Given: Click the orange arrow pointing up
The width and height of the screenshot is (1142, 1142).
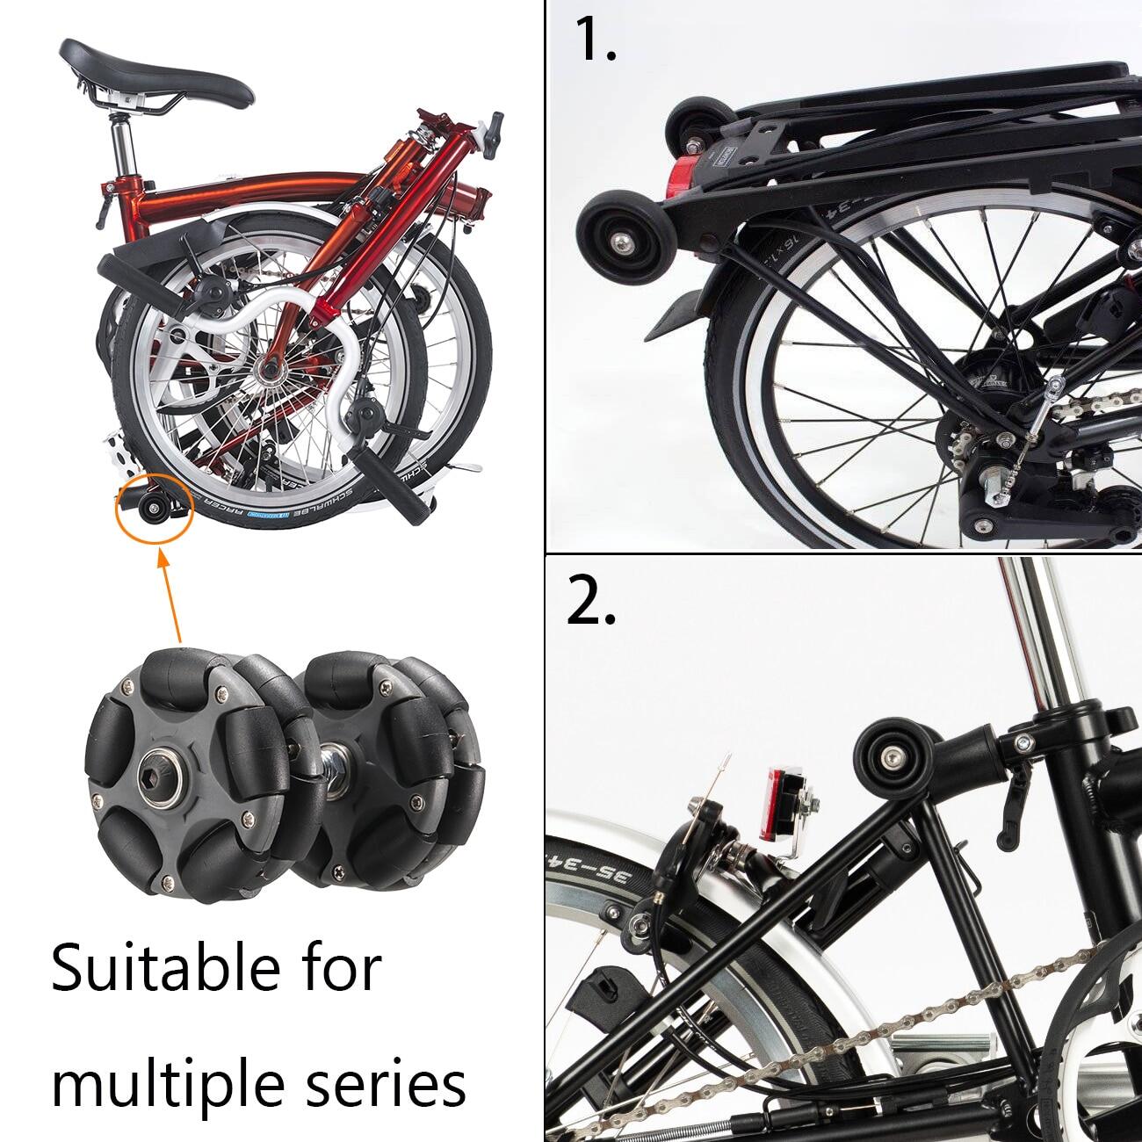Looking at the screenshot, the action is (x=170, y=596).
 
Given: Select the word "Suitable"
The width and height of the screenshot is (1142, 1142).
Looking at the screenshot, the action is (x=166, y=968).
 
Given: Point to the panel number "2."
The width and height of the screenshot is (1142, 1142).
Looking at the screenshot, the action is (x=591, y=601).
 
